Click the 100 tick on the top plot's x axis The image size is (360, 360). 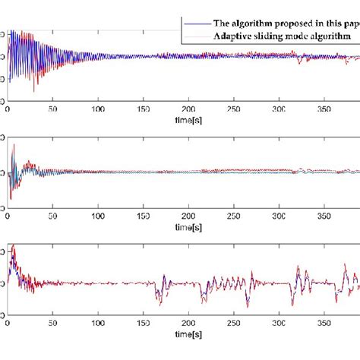99,109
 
